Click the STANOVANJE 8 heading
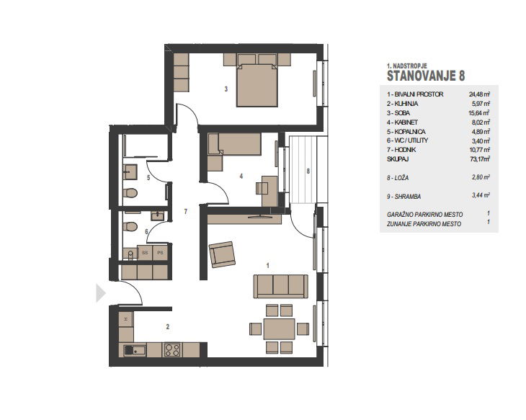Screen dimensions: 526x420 click(426, 76)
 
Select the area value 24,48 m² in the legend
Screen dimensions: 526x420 click(479, 94)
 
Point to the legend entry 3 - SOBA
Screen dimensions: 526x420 click(398, 113)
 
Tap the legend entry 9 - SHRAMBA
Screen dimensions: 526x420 click(404, 197)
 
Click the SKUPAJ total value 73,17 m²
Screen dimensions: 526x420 click(480, 159)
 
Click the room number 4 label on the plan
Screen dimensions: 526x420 click(241, 176)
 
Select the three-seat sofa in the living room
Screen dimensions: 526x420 click(280, 286)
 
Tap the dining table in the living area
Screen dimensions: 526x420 click(279, 329)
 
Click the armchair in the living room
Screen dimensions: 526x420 click(222, 254)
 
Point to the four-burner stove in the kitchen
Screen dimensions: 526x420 click(172, 349)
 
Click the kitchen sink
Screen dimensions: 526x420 click(135, 350)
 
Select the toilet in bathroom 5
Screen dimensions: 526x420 click(130, 193)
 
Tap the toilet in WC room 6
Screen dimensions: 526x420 click(130, 227)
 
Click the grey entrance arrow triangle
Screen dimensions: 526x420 click(101, 293)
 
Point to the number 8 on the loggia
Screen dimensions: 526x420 click(308, 171)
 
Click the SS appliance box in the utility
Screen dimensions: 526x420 click(145, 253)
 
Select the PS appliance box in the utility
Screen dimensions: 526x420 click(161, 253)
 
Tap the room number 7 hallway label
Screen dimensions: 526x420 click(185, 211)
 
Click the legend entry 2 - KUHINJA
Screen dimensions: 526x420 click(403, 104)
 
